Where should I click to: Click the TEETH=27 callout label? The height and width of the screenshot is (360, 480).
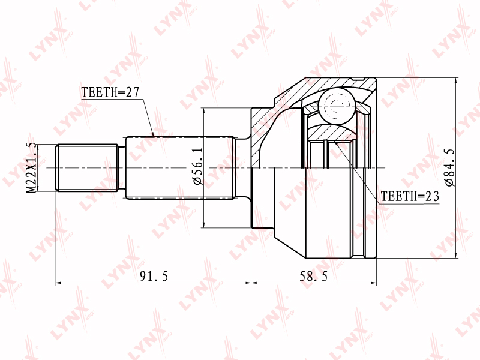110,92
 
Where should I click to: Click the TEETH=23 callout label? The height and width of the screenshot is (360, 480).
410,196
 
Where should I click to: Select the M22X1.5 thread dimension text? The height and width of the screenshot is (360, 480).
31,168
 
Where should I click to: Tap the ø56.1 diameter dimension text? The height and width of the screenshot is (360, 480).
198,167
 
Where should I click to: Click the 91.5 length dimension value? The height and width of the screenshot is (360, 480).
154,277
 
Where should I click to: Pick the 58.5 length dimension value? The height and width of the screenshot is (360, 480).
313,277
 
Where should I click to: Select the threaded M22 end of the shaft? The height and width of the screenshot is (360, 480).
86,168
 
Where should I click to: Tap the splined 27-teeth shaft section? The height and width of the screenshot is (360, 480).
181,168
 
